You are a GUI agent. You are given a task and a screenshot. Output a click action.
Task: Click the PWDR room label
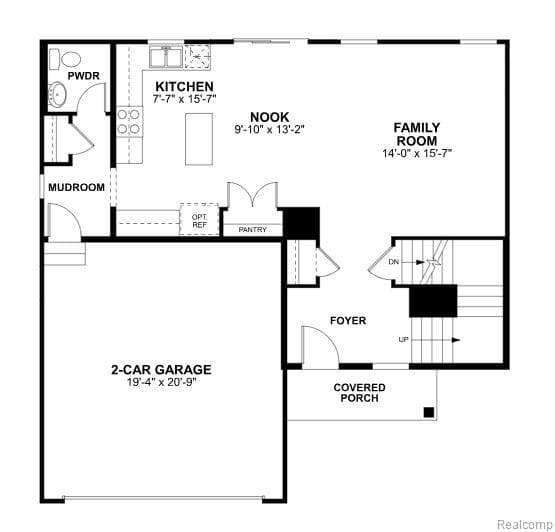80,75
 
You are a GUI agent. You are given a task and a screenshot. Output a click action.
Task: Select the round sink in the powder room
59,96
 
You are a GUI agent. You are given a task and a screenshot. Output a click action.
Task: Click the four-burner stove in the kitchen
129,121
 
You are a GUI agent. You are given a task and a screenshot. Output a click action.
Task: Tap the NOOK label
270,116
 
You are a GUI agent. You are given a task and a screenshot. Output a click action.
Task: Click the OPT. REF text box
198,219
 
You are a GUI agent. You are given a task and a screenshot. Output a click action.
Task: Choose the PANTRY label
252,230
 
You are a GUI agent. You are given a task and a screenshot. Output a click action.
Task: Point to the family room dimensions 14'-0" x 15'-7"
417,154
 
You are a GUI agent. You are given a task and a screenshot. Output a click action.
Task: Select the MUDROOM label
77,187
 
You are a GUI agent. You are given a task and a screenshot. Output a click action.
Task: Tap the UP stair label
404,340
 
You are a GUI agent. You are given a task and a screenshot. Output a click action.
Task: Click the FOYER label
348,321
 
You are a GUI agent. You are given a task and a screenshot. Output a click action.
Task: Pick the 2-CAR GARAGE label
161,369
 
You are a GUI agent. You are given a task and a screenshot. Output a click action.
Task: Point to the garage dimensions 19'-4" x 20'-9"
161,382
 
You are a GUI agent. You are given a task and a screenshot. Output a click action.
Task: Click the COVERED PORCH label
359,392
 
